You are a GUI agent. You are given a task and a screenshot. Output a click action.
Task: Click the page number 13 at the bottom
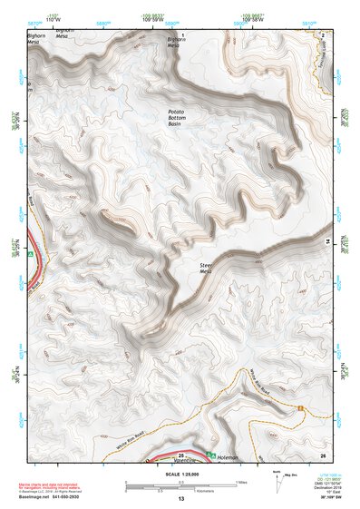pos(180,499)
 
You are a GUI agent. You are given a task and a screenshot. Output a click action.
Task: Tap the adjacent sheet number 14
pos(327,240)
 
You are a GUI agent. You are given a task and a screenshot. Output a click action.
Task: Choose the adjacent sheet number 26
pos(322,454)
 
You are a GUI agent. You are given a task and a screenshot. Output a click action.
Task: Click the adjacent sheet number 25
pos(181,455)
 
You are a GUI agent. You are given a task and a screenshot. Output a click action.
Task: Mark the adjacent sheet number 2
pos(322,34)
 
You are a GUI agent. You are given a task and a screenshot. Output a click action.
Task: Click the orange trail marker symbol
pos(300,407)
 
